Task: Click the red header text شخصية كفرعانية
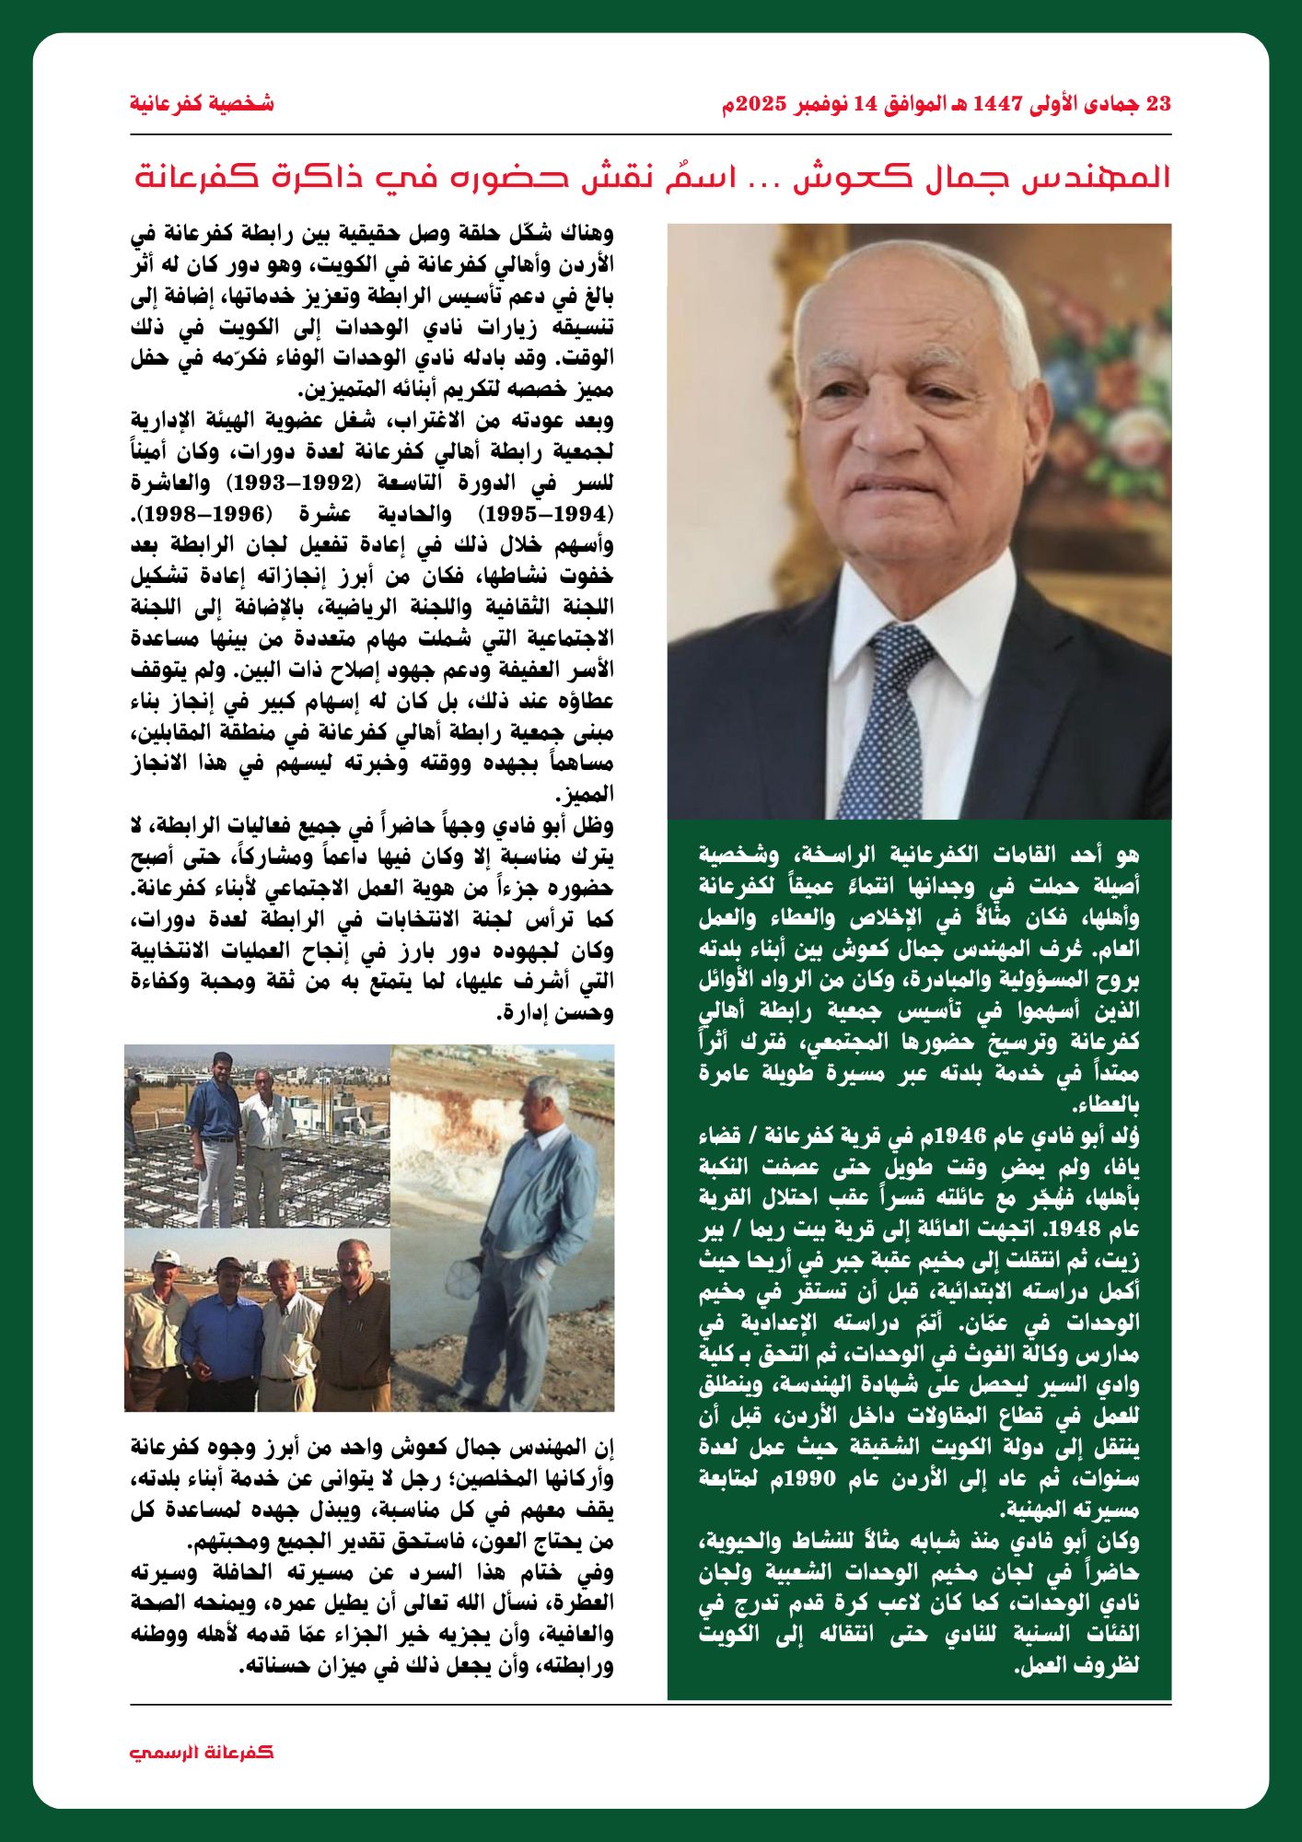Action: [x=202, y=103]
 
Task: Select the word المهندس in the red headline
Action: [x=1109, y=176]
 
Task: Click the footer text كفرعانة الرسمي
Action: [x=202, y=1752]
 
